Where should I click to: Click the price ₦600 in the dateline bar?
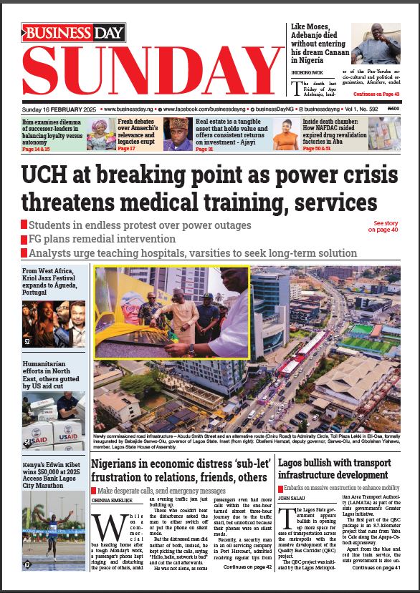tap(393, 109)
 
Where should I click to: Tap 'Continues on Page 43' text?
tap(376, 94)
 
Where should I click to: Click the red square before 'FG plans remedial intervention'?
tap(24, 239)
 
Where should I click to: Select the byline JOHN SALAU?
tap(295, 497)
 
